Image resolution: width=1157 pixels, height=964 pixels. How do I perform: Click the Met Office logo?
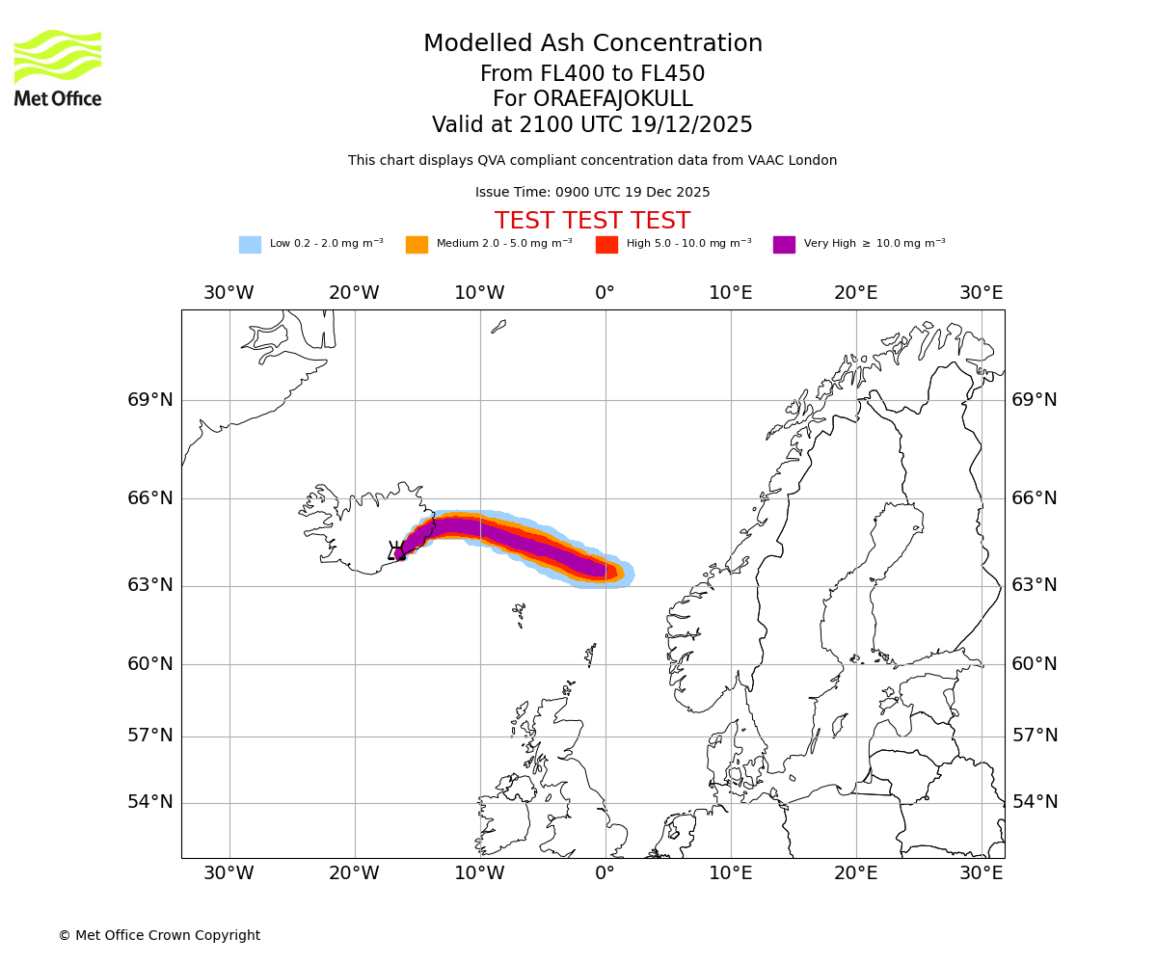coord(58,68)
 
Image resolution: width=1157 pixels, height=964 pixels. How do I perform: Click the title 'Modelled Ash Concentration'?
coord(592,44)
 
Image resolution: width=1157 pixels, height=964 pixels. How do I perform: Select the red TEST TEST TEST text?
coord(592,222)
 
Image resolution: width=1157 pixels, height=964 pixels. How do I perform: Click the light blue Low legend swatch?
coord(250,245)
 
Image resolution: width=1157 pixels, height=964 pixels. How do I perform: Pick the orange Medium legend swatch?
coord(417,245)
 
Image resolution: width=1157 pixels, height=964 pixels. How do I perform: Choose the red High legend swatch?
coord(606,245)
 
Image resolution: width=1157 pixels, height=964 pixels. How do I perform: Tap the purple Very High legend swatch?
coord(784,245)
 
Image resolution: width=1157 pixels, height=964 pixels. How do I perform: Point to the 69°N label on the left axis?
coord(150,400)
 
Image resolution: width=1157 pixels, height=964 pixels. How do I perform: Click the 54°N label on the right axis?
coord(1035,802)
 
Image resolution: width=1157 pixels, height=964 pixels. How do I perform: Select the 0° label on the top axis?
coord(605,293)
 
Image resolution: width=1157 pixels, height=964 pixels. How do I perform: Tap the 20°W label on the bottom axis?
coord(354,873)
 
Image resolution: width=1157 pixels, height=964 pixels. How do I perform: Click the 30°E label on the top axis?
coord(981,293)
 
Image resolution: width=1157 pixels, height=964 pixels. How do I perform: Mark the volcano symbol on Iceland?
coord(395,550)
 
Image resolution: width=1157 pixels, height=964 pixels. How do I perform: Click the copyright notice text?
coord(159,936)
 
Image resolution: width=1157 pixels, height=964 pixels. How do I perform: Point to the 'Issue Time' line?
coord(592,193)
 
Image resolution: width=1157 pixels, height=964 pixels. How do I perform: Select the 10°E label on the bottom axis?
coord(730,873)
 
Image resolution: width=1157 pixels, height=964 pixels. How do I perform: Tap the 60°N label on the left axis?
coord(150,664)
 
